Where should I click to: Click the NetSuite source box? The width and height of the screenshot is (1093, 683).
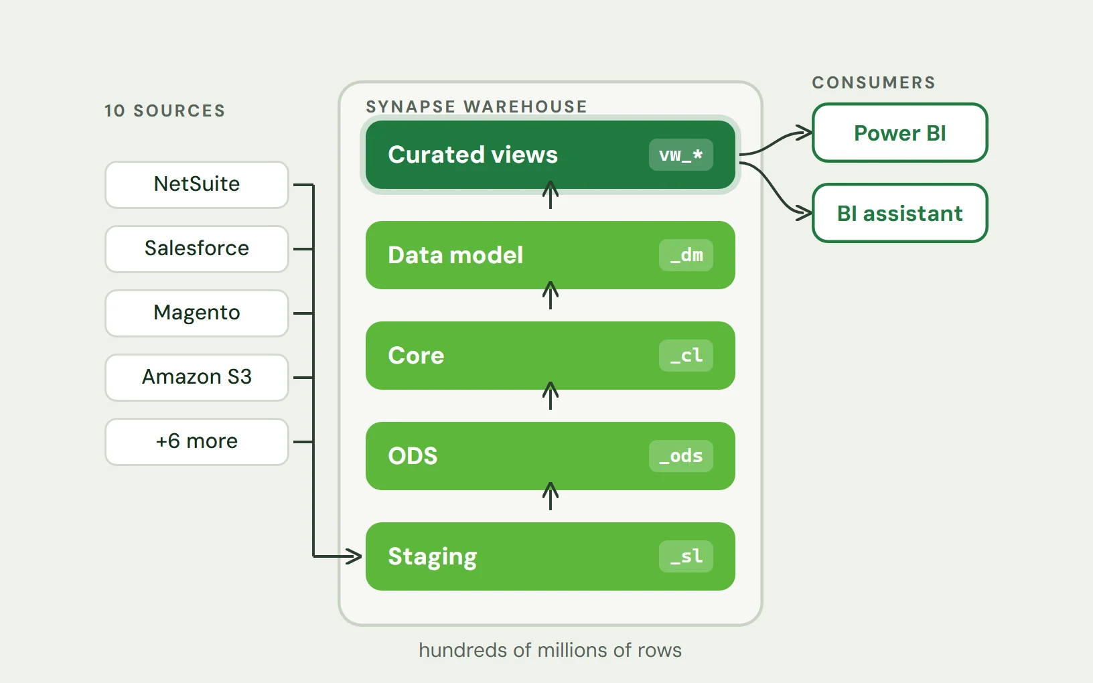[x=197, y=184]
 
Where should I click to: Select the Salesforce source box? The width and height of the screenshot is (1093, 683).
[x=197, y=249]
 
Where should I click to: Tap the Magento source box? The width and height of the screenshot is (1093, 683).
[x=197, y=313]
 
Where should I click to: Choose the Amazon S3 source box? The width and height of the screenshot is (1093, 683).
[x=197, y=378]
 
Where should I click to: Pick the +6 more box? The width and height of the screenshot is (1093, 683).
[x=197, y=441]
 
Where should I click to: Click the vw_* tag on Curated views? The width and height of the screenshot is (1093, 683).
[x=680, y=155]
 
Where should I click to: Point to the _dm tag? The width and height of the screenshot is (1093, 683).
[x=686, y=255]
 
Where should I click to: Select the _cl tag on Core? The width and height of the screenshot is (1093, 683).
[x=686, y=356]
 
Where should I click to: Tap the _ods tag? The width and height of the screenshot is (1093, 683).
[x=680, y=456]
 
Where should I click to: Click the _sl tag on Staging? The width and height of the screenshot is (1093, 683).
[x=686, y=556]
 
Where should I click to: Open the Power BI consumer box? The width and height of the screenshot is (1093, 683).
[x=900, y=133]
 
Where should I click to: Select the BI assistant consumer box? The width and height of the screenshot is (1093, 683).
[x=900, y=213]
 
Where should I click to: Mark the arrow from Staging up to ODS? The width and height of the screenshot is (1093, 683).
[x=551, y=496]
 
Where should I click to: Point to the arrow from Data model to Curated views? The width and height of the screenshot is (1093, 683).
[x=551, y=195]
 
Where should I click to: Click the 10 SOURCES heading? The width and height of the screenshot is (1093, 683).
[x=165, y=110]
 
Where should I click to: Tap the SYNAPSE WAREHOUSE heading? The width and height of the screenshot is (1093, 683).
[x=476, y=106]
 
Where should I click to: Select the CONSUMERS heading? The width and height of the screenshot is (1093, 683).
[x=874, y=82]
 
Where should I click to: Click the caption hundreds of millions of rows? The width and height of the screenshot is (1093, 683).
[x=551, y=650]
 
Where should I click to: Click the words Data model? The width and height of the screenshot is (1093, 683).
[x=455, y=255]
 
